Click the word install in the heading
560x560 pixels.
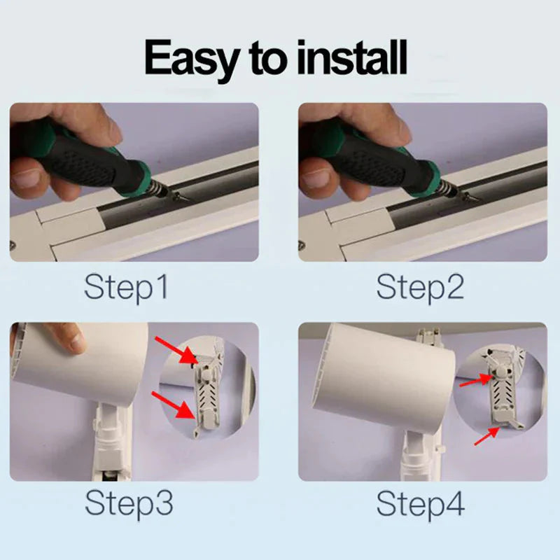352,57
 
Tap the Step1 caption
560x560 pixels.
126,288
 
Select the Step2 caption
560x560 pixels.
421,288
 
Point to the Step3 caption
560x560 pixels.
129,503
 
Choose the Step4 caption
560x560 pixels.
421,503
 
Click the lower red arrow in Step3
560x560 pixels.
174,405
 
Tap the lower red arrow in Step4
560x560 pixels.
486,436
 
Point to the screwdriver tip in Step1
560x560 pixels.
185,198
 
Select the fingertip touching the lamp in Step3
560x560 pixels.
73,342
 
